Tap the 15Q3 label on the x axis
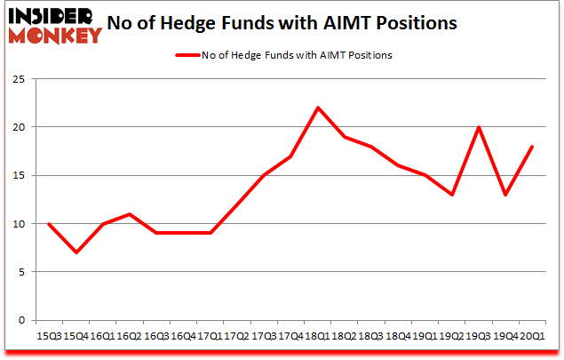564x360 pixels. [48, 335]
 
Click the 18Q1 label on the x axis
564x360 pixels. [317, 335]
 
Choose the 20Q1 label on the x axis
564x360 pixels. [532, 335]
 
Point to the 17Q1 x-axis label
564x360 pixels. [210, 335]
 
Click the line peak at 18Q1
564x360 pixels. [317, 108]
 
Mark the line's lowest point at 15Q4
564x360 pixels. [75, 252]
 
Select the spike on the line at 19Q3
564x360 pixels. [479, 127]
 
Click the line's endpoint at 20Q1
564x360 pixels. [532, 147]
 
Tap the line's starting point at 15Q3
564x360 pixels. [48, 223]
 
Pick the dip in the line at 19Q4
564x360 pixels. [505, 195]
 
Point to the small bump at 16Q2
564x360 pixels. [129, 213]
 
